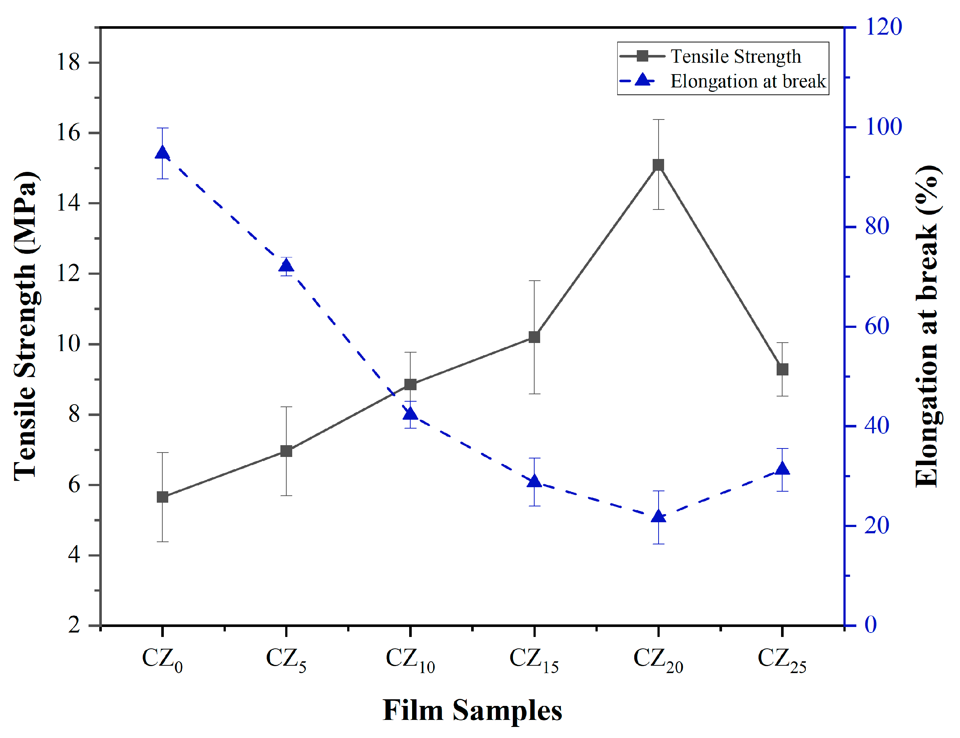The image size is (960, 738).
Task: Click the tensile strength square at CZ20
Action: click(x=658, y=165)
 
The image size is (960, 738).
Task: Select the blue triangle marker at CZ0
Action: click(x=163, y=153)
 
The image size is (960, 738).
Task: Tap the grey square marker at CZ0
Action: click(x=163, y=497)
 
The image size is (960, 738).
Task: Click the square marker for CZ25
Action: click(x=782, y=370)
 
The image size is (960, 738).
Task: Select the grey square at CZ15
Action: click(x=534, y=337)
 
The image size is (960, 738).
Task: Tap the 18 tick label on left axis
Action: click(x=68, y=62)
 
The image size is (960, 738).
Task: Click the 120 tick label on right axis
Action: click(x=883, y=27)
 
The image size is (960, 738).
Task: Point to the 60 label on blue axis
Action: click(x=877, y=326)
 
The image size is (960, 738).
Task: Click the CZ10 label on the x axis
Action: click(x=410, y=660)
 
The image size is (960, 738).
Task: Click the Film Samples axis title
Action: click(x=472, y=710)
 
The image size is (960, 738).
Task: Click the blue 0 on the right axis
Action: click(x=870, y=625)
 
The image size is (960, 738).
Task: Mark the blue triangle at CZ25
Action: click(x=782, y=469)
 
